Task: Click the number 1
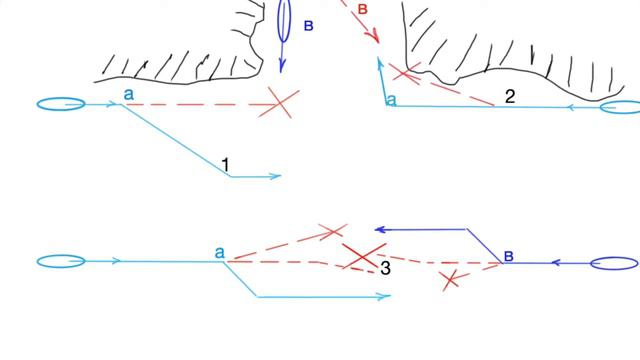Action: (226, 165)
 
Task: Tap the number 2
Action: (510, 97)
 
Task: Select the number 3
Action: (385, 268)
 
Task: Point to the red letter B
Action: (362, 9)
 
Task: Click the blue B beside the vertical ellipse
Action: (309, 26)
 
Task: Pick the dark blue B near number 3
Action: (509, 256)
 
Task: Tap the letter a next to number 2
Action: (391, 100)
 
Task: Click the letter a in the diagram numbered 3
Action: (220, 253)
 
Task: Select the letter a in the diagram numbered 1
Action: (129, 94)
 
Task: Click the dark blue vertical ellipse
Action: (284, 20)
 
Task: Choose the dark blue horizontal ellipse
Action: (614, 263)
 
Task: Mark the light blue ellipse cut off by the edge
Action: (620, 107)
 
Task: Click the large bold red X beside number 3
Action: (363, 256)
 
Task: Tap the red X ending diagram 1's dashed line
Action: (280, 103)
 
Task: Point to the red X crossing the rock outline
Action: (404, 73)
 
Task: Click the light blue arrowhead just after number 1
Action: (276, 176)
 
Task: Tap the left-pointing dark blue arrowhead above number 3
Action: (380, 230)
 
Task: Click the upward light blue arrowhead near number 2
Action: (380, 63)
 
